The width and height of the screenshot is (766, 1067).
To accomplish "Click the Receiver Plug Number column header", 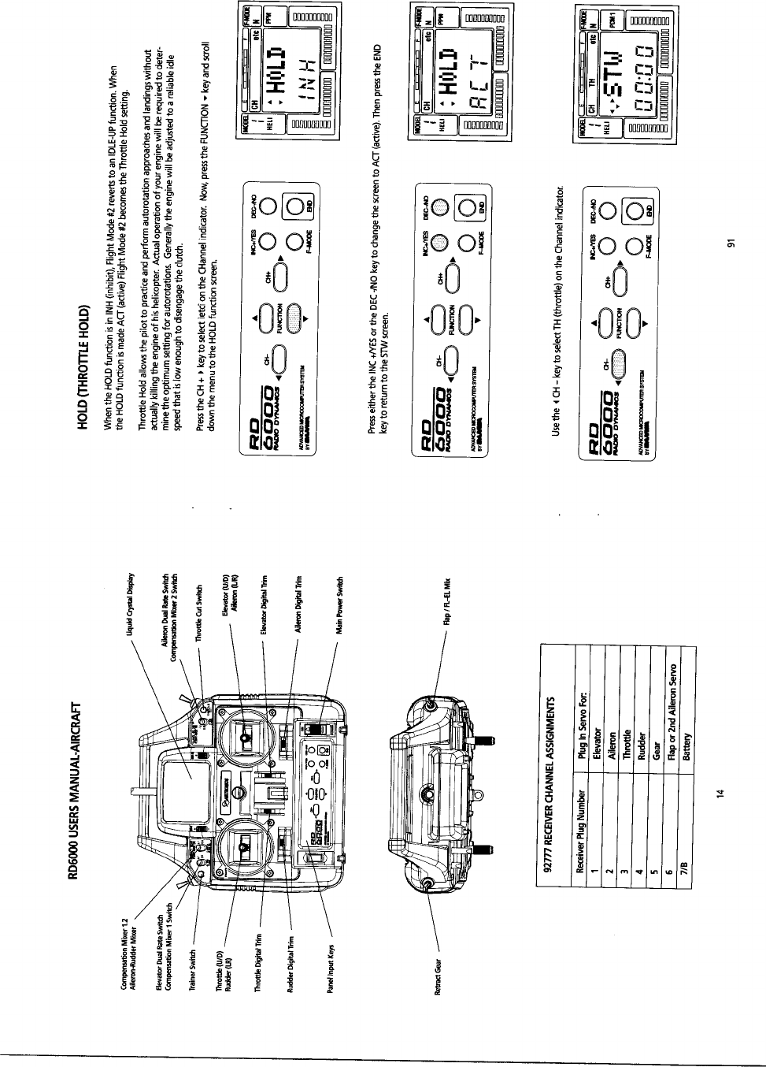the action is (x=581, y=835).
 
